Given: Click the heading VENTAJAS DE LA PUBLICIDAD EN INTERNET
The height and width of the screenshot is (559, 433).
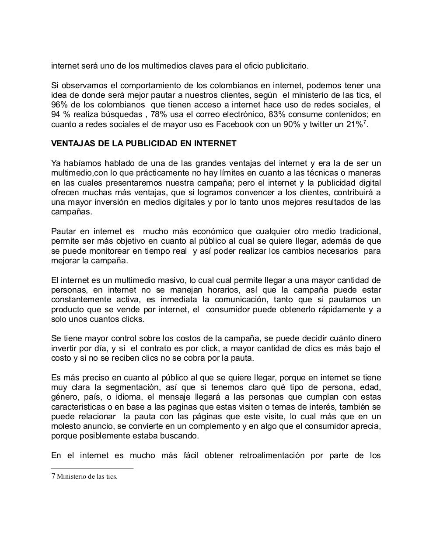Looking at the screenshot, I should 143,144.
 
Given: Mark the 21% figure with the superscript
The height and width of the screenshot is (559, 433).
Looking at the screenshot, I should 356,124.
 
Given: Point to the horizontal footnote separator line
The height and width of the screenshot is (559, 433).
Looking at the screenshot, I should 92,468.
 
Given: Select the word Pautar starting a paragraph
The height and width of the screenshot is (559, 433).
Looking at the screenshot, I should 63,231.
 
